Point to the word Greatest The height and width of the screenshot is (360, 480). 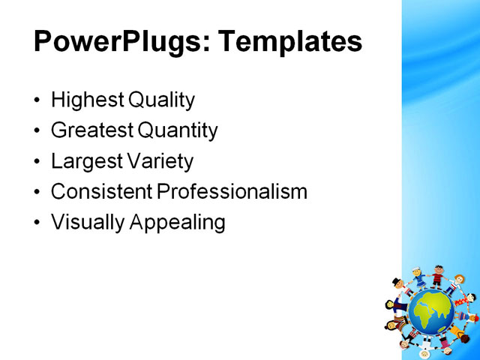92,131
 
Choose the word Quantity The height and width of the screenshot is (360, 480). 178,131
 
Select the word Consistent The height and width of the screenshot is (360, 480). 102,192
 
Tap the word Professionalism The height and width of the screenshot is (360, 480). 232,192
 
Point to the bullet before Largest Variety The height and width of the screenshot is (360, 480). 38,162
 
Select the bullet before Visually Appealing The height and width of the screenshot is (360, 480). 38,223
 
